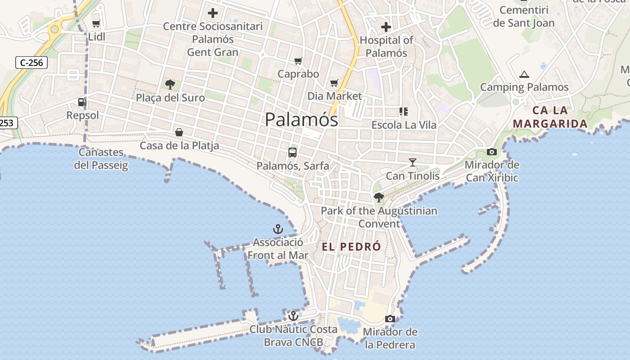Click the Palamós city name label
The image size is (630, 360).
301,120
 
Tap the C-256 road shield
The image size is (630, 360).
31,63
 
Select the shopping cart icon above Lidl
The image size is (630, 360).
96,24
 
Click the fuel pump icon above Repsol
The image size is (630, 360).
82,102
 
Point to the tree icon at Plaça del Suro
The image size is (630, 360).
170,84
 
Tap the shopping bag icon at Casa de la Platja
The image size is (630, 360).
179,132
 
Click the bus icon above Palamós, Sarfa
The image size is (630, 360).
292,153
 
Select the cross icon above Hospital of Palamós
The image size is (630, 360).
386,27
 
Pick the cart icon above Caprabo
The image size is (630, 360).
298,61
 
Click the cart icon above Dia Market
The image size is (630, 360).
334,83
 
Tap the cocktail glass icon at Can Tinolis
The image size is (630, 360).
412,162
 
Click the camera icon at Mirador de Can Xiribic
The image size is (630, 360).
491,152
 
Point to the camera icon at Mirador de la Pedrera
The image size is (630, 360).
390,319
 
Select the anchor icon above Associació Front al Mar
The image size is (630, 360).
278,229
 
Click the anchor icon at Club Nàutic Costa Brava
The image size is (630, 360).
293,316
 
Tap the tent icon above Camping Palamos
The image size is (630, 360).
524,74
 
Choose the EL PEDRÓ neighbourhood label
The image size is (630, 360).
351,247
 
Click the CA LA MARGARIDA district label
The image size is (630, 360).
550,117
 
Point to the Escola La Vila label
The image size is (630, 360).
404,125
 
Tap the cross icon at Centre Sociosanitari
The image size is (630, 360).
212,13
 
